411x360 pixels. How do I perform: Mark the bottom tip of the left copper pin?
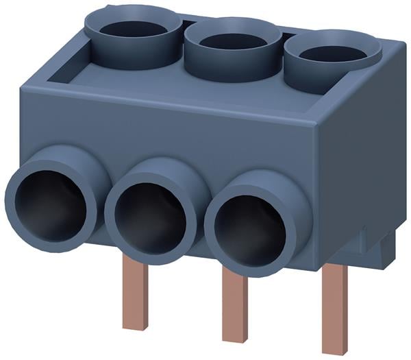point(136,328)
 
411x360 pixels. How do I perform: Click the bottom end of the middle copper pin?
point(234,341)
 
